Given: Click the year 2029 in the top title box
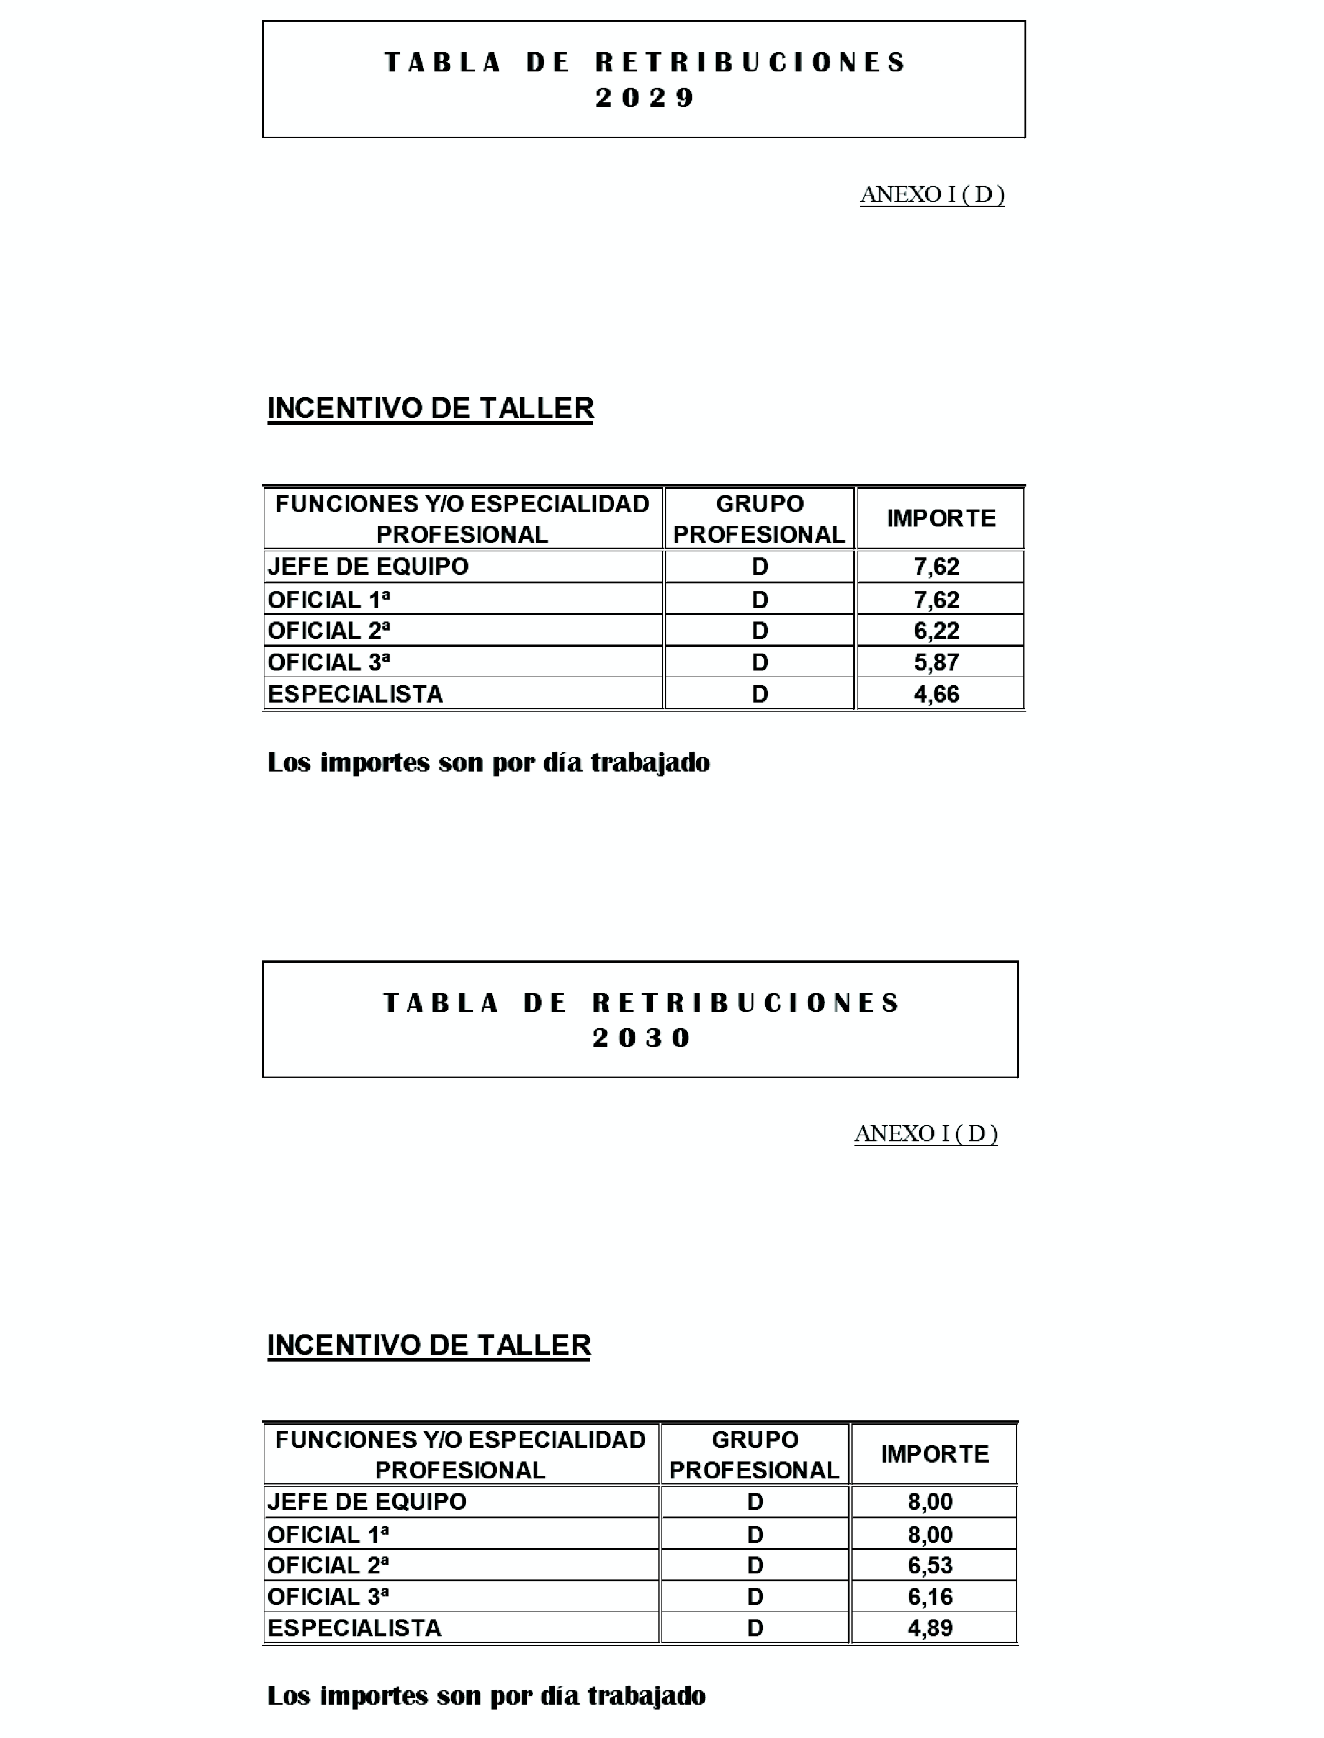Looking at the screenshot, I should pyautogui.click(x=644, y=98).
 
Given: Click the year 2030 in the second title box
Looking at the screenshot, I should pyautogui.click(x=641, y=1037).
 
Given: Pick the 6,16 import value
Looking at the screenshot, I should pyautogui.click(x=930, y=1596).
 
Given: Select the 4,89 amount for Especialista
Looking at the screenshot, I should pyautogui.click(x=930, y=1628).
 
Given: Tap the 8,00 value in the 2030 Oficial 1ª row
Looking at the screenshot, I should pyautogui.click(x=930, y=1534).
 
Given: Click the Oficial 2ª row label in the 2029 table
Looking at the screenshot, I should pyautogui.click(x=329, y=631).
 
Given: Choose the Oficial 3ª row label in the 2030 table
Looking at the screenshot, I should pyautogui.click(x=328, y=1596).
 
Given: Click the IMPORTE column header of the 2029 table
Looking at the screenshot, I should pyautogui.click(x=941, y=519).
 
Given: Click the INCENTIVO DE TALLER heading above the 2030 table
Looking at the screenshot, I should pyautogui.click(x=428, y=1345).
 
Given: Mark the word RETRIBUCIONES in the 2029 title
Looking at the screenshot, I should pyautogui.click(x=750, y=62).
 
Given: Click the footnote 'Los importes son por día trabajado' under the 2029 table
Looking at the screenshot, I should pyautogui.click(x=488, y=763).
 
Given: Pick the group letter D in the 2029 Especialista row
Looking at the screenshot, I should pyautogui.click(x=759, y=694).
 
